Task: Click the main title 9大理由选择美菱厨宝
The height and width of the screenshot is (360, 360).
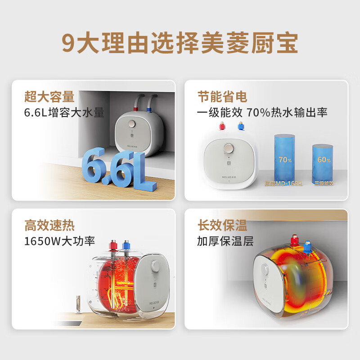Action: point(180,43)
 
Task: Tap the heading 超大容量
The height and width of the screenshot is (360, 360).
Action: point(49,97)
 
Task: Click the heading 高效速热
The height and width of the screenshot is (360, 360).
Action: point(49,225)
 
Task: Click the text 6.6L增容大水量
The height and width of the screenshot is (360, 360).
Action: point(64,112)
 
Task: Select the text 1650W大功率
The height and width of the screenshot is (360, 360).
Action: point(60,241)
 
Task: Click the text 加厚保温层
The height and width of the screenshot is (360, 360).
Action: point(225,241)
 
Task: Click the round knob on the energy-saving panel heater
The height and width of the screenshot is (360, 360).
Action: point(229,149)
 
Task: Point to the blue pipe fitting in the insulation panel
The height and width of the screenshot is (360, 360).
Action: point(307,247)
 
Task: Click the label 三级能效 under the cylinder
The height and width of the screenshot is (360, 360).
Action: point(324,184)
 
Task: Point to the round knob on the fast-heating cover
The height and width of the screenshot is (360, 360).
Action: point(157,266)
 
